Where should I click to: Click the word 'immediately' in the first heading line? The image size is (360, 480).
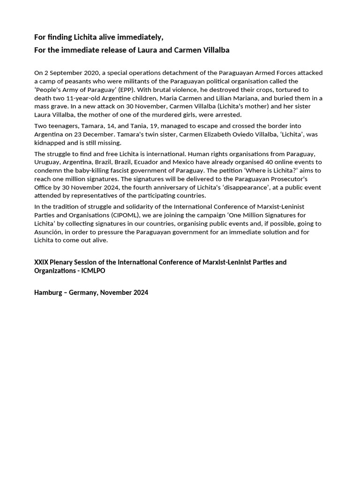tap(141, 37)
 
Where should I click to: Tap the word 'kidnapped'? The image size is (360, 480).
tap(50, 143)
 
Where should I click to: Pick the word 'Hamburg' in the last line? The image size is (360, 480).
tap(48, 292)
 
